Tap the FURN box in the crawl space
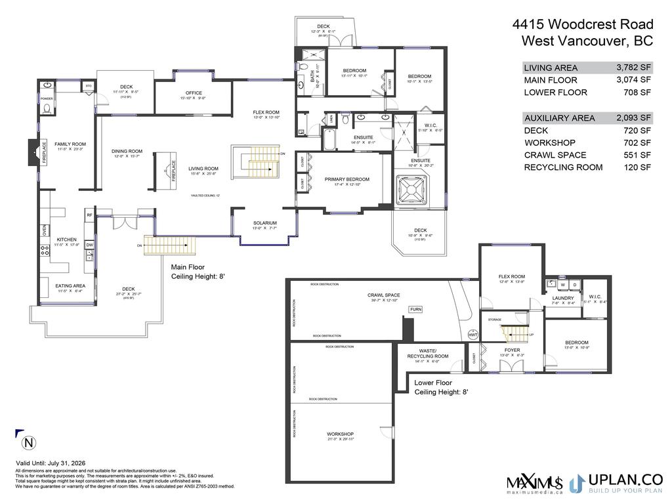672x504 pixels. click(x=415, y=309)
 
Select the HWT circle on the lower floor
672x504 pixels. click(x=473, y=334)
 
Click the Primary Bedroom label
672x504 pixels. click(x=346, y=179)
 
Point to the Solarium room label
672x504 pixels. click(x=265, y=223)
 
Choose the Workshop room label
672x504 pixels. click(x=341, y=434)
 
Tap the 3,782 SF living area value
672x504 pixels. click(x=633, y=68)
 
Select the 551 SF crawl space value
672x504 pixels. click(x=638, y=155)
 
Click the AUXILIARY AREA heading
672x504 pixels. click(x=560, y=118)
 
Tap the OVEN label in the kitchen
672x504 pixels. click(x=45, y=230)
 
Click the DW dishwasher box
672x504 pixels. click(x=89, y=245)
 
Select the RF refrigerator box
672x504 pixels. click(x=89, y=215)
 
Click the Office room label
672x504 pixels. click(x=194, y=93)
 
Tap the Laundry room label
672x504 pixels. click(x=563, y=298)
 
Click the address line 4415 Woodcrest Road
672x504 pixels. click(x=582, y=25)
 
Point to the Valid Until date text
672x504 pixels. click(x=50, y=463)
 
